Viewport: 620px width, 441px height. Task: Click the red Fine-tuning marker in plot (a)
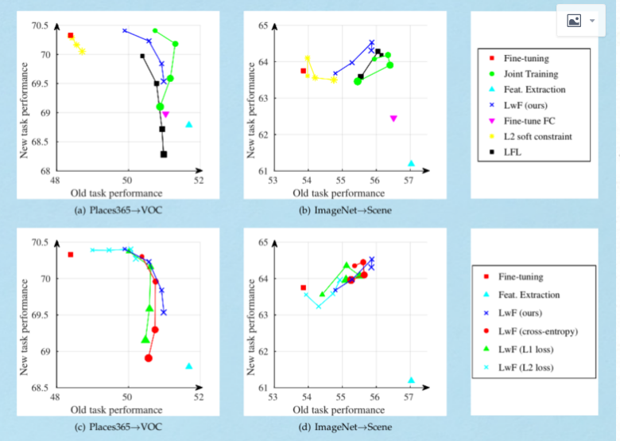click(71, 36)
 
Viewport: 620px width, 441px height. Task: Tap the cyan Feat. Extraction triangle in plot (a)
click(189, 124)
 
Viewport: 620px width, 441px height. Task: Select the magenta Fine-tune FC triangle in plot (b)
click(393, 119)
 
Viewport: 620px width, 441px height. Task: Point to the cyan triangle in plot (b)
click(411, 163)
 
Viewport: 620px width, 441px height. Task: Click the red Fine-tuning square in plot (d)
click(303, 287)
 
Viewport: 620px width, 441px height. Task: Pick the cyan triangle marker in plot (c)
click(189, 366)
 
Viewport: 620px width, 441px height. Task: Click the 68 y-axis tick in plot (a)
click(45, 170)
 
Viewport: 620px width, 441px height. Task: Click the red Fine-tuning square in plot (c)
click(71, 255)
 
